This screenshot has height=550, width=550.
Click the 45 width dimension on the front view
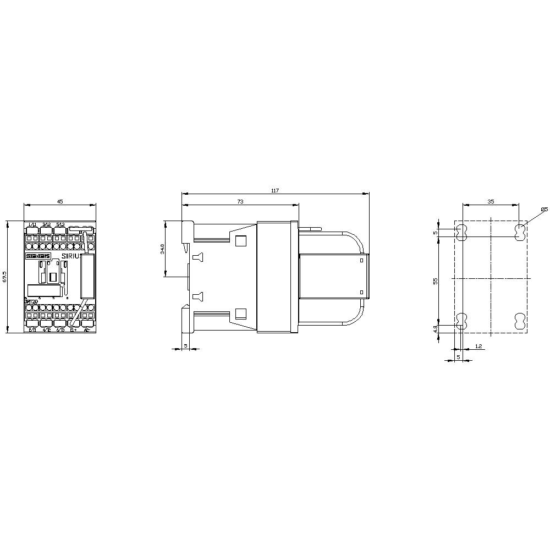(60, 201)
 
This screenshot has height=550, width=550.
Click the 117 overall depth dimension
(275, 190)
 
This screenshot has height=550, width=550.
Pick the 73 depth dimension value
(240, 202)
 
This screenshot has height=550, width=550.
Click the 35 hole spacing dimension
(491, 202)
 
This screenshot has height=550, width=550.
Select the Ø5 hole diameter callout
(544, 209)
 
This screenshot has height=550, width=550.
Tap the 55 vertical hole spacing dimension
(435, 280)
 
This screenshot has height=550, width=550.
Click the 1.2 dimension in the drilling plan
(478, 346)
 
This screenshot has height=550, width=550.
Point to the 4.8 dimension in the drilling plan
(435, 328)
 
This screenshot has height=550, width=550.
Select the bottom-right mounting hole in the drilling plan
(519, 322)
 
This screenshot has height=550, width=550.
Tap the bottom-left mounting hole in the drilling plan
(461, 322)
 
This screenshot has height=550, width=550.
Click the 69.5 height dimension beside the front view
(5, 277)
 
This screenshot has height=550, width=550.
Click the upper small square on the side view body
(240, 240)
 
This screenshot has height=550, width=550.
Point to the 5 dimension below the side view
(185, 346)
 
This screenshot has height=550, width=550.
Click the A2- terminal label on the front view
(86, 330)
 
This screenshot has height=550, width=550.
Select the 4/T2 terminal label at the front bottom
(46, 330)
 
